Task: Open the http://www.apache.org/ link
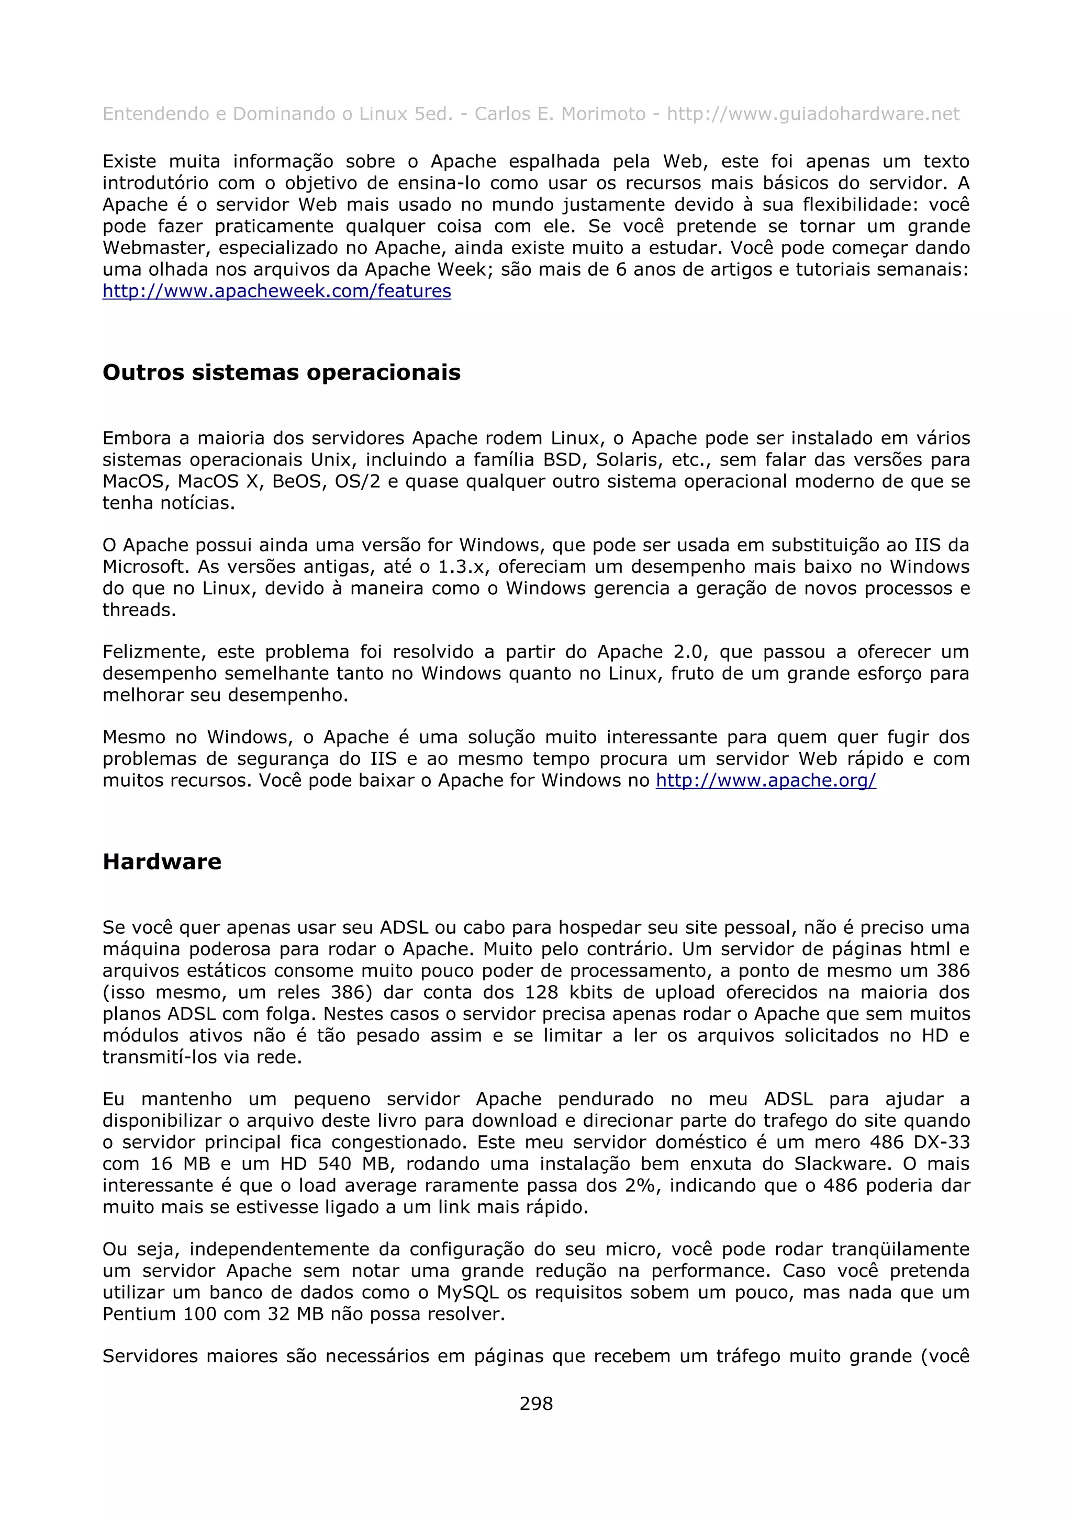point(765,780)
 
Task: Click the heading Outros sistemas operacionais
point(282,372)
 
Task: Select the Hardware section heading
point(162,862)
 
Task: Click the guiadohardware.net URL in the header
point(813,114)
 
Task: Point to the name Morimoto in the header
point(602,114)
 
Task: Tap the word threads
point(139,610)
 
